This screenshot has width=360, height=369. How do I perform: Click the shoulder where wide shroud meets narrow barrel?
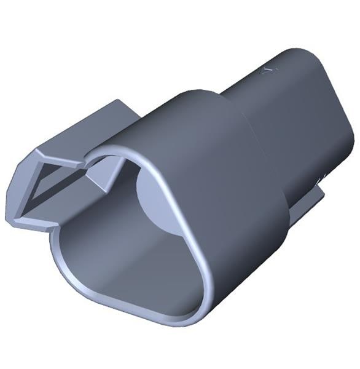click(x=237, y=108)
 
